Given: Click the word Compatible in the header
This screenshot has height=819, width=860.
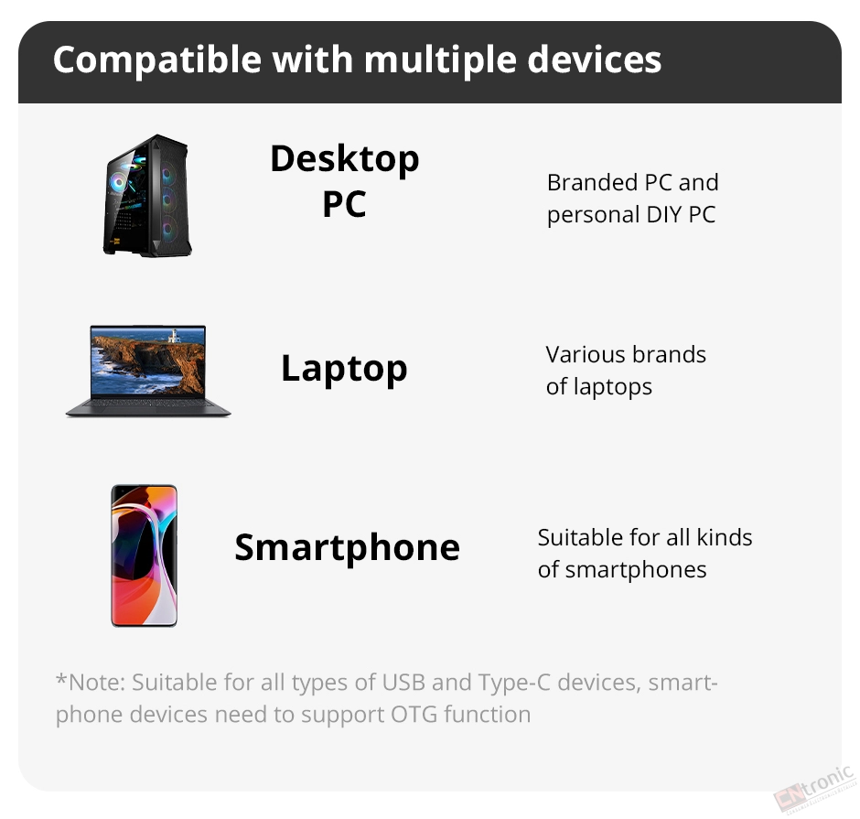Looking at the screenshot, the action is click(x=157, y=60).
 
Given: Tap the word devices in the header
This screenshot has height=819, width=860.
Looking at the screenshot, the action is click(x=595, y=59).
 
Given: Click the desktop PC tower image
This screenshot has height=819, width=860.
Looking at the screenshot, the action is click(x=147, y=195).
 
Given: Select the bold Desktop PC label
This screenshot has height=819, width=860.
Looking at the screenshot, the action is click(x=344, y=181).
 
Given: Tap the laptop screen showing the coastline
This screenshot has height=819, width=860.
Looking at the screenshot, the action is click(x=148, y=361).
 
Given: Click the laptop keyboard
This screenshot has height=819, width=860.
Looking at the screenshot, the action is click(x=147, y=404).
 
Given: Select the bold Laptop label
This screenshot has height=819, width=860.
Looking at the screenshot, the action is click(x=344, y=369).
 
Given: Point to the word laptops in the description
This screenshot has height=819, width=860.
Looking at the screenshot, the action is click(x=613, y=388).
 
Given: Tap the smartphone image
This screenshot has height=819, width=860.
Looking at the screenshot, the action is click(x=145, y=555).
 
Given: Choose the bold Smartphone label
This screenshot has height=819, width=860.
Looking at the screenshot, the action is click(x=347, y=548).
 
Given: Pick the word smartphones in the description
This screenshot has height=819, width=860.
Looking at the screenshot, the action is click(x=636, y=570).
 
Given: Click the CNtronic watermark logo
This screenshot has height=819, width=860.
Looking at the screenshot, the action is click(x=815, y=788).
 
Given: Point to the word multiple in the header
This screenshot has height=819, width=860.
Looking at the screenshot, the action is click(x=440, y=60).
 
